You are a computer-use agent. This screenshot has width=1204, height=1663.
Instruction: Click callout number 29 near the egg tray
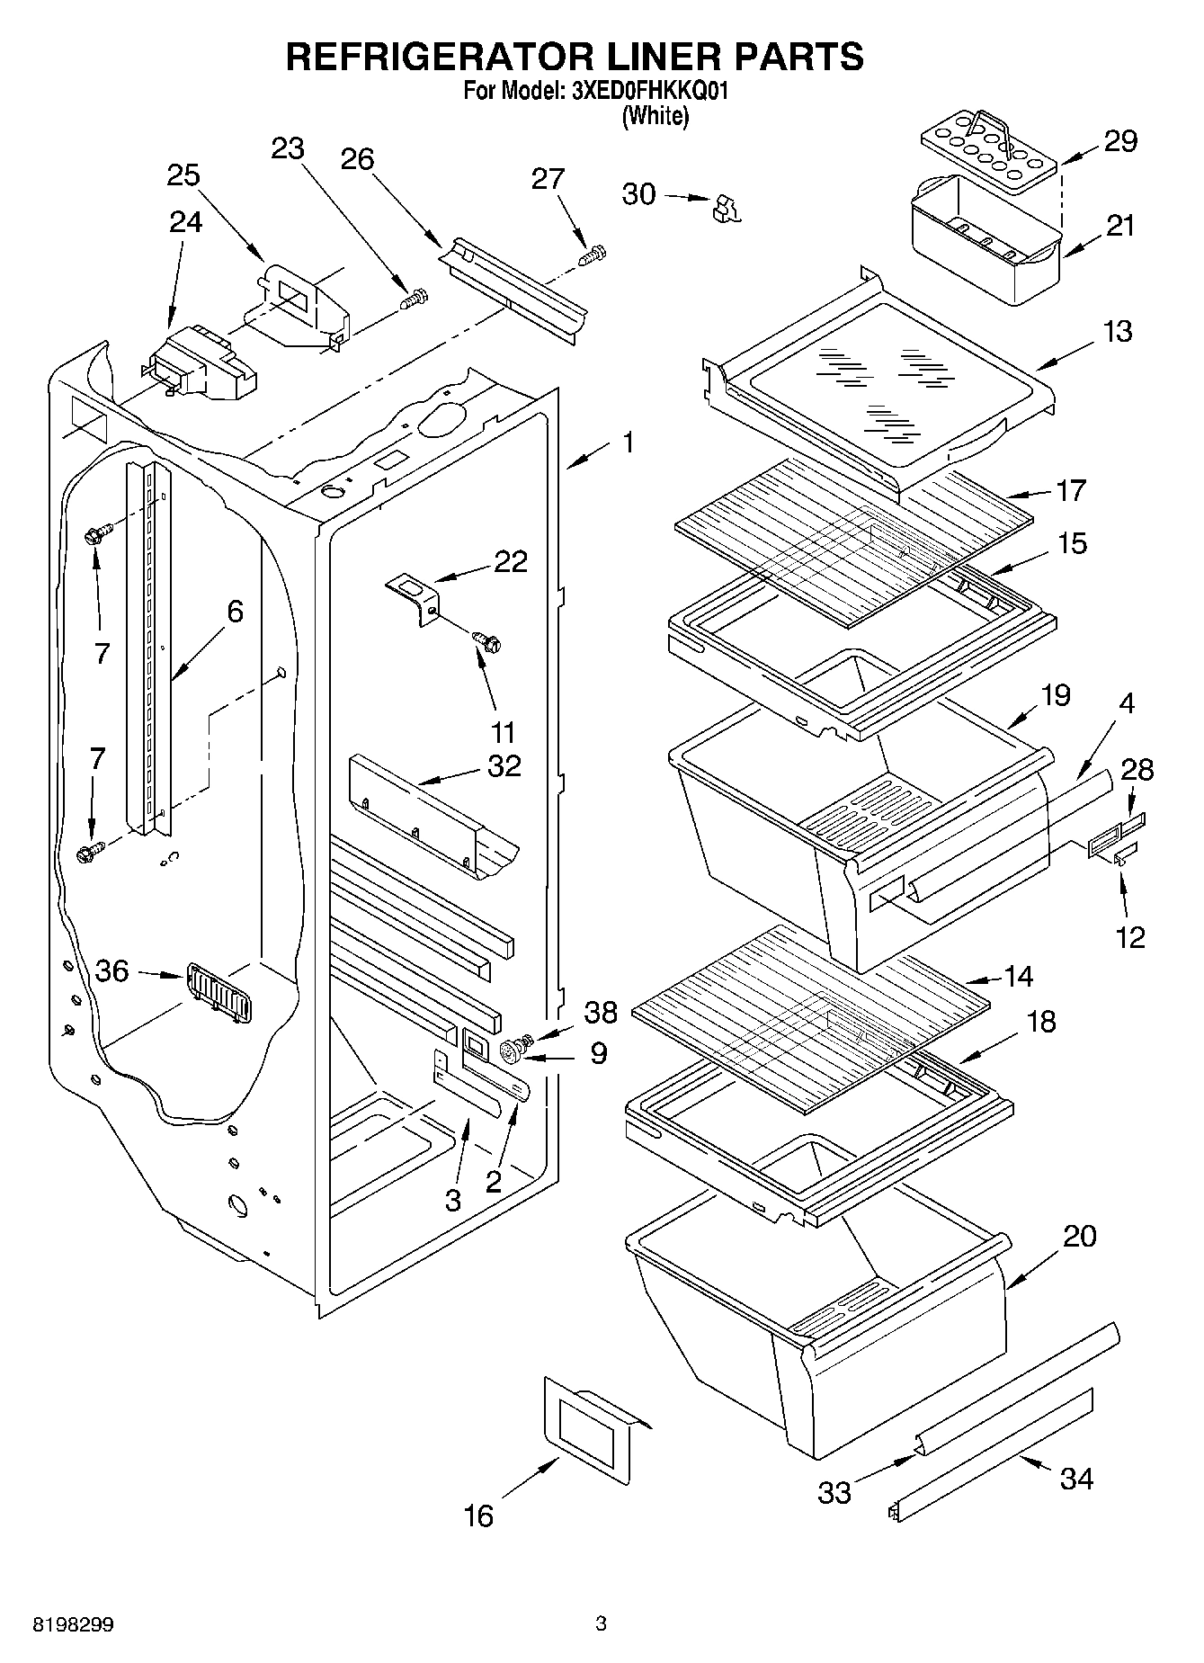click(1120, 141)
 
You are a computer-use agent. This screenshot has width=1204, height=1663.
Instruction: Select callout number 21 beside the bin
click(1120, 226)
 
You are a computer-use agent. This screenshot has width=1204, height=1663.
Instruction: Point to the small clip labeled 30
click(724, 209)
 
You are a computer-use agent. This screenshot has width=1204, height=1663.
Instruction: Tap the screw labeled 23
click(415, 299)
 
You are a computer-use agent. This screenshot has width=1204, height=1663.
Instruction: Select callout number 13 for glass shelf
click(1118, 332)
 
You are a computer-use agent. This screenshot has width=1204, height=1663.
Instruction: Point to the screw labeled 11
click(486, 642)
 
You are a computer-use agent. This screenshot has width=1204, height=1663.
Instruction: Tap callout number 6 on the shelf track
click(235, 612)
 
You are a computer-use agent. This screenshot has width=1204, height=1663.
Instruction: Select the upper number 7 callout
click(102, 654)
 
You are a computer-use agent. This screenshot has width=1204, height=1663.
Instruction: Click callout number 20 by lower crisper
click(1080, 1236)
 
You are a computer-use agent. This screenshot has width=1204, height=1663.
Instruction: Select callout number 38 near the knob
click(601, 1012)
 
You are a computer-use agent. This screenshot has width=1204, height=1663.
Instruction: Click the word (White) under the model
click(656, 116)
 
